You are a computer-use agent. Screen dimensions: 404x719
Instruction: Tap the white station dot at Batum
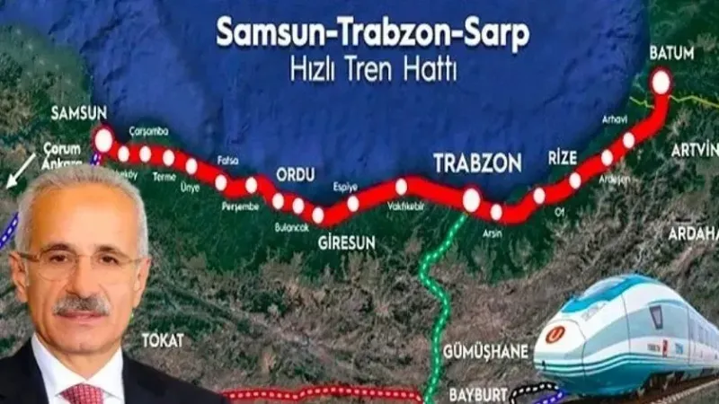[661, 82]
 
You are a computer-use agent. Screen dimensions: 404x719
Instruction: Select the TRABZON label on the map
[477, 163]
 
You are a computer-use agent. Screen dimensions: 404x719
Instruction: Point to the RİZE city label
[562, 159]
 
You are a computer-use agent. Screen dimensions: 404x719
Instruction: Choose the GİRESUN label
[345, 240]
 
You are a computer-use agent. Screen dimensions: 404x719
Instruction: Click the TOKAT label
[162, 340]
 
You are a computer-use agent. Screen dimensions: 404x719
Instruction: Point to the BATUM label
[671, 53]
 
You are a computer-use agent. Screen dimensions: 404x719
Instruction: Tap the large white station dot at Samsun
[104, 141]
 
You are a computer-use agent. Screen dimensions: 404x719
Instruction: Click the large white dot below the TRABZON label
[471, 199]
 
